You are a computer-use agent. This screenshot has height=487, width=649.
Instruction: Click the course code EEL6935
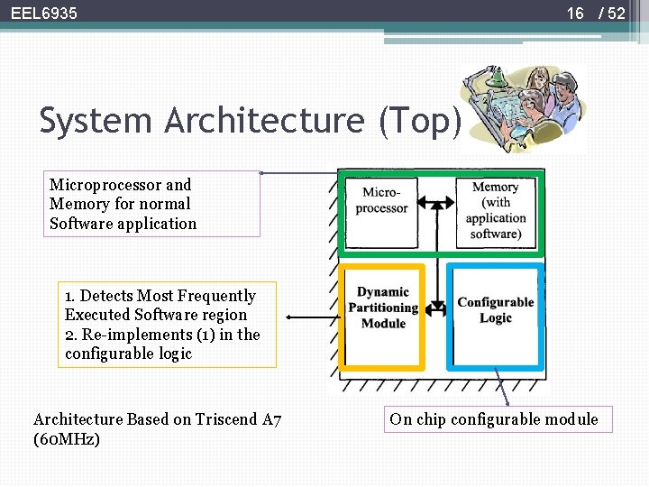coord(44,14)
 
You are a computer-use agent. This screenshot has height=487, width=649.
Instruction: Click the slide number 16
coord(575,14)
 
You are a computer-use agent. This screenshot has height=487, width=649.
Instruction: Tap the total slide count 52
coord(616,14)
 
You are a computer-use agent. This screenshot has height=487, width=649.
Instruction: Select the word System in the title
coord(96,120)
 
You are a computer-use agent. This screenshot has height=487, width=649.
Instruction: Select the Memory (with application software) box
coord(495,211)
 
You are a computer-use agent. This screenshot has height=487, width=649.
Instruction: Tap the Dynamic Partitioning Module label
coord(383,308)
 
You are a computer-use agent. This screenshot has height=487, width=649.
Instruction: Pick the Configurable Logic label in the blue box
coord(495,309)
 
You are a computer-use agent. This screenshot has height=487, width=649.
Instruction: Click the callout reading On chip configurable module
coord(493,419)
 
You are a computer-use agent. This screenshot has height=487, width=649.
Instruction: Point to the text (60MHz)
coord(67,439)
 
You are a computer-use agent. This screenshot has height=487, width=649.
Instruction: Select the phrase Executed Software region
coord(155,315)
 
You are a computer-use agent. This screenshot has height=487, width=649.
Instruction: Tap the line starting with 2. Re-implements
coord(162,335)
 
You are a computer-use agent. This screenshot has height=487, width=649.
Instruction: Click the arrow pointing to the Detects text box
coord(311,317)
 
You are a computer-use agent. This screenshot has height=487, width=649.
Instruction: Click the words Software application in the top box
coord(123,224)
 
